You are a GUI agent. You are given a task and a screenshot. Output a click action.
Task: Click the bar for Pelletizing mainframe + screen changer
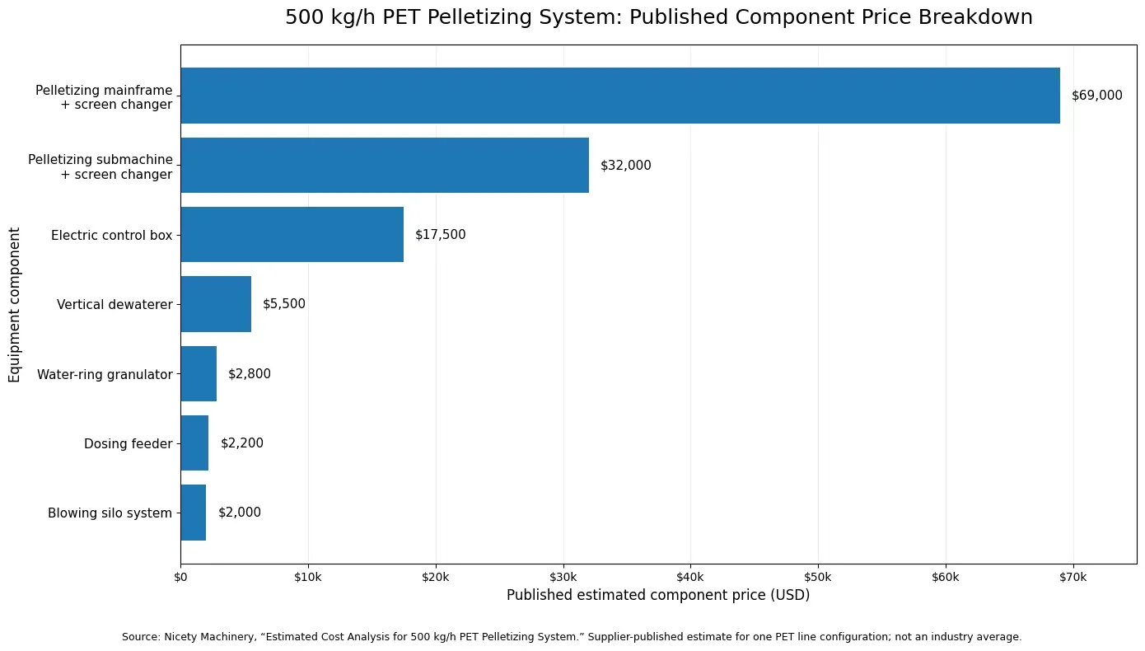(x=620, y=96)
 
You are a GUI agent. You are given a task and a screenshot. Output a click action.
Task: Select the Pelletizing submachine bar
(x=385, y=165)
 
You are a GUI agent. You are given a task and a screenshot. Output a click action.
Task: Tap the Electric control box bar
(x=292, y=235)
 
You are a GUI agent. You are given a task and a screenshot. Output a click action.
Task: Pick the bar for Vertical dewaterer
(x=216, y=304)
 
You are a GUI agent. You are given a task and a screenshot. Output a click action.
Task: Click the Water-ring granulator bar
(x=199, y=374)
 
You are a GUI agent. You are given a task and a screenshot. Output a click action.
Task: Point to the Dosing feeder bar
(x=194, y=443)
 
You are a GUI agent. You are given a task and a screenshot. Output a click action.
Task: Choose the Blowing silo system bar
(x=194, y=513)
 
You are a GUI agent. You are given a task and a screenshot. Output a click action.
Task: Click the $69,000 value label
(x=1097, y=96)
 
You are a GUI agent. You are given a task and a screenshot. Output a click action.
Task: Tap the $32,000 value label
(x=626, y=165)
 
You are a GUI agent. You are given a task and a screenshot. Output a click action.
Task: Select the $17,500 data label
(x=440, y=235)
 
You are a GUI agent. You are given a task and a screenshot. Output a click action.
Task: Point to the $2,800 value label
(x=250, y=374)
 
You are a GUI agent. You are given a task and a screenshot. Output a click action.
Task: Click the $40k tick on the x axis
(x=690, y=578)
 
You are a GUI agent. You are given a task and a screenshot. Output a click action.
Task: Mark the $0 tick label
(x=180, y=578)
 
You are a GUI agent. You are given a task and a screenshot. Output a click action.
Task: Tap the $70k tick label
(x=1073, y=578)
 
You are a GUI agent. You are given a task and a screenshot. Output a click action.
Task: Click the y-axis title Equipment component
(x=14, y=305)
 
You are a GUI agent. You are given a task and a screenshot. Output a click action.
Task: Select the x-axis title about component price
(x=658, y=595)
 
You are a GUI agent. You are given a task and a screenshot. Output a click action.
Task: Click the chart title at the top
(x=658, y=16)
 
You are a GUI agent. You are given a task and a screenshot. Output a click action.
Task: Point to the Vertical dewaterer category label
(x=114, y=305)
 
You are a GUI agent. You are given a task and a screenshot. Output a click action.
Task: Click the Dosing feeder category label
(x=129, y=444)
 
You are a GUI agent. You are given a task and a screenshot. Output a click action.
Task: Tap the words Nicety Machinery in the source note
(x=209, y=637)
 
